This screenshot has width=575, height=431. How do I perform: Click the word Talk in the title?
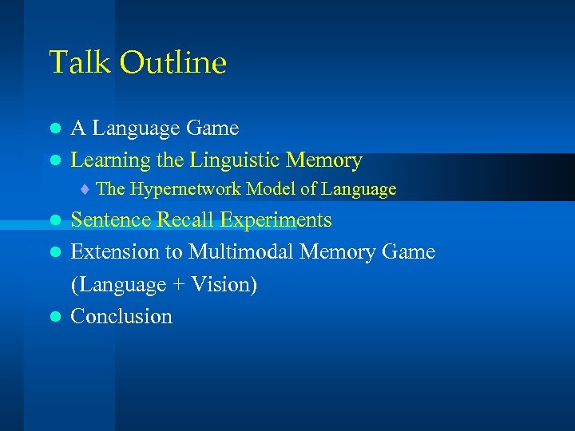[77, 62]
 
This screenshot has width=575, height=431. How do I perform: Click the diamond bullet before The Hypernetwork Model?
[85, 190]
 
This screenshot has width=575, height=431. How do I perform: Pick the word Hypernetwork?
[185, 190]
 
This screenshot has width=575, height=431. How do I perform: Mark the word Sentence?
[111, 220]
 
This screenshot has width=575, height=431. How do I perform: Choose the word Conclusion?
[121, 317]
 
